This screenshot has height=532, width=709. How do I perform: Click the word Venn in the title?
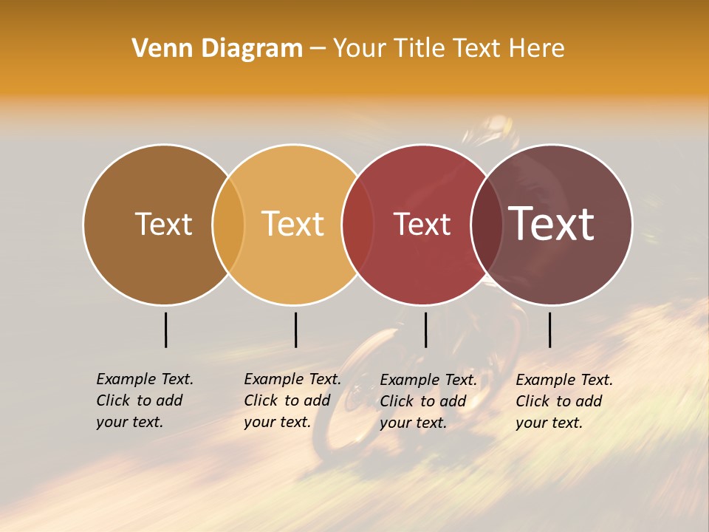159,48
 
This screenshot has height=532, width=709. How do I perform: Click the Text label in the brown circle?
163,224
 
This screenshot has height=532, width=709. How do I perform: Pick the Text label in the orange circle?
293,224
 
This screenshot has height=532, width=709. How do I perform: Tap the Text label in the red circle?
422,224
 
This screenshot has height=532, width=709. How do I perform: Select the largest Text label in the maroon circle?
552,223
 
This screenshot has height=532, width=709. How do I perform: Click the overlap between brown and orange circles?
228,224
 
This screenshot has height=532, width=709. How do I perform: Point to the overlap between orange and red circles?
357,224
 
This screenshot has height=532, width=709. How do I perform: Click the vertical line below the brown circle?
165,330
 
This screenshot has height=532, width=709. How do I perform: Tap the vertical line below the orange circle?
295,330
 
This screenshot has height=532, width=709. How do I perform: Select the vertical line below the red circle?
425,330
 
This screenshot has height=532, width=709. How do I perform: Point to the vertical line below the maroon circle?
549,330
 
